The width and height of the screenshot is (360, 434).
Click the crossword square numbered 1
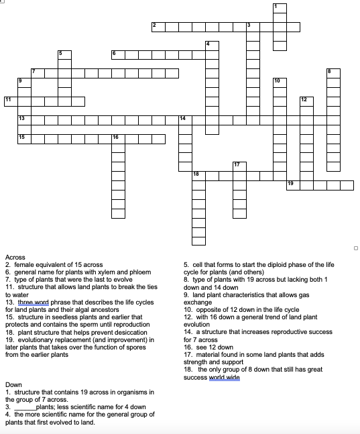280,9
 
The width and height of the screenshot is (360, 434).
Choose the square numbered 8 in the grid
333,73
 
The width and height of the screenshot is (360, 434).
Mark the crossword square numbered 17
239,166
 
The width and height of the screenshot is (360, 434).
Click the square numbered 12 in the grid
306,101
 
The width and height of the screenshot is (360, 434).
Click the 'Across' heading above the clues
15,258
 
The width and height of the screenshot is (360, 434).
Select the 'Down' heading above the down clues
13,385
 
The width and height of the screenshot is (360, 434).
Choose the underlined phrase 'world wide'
226,378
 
